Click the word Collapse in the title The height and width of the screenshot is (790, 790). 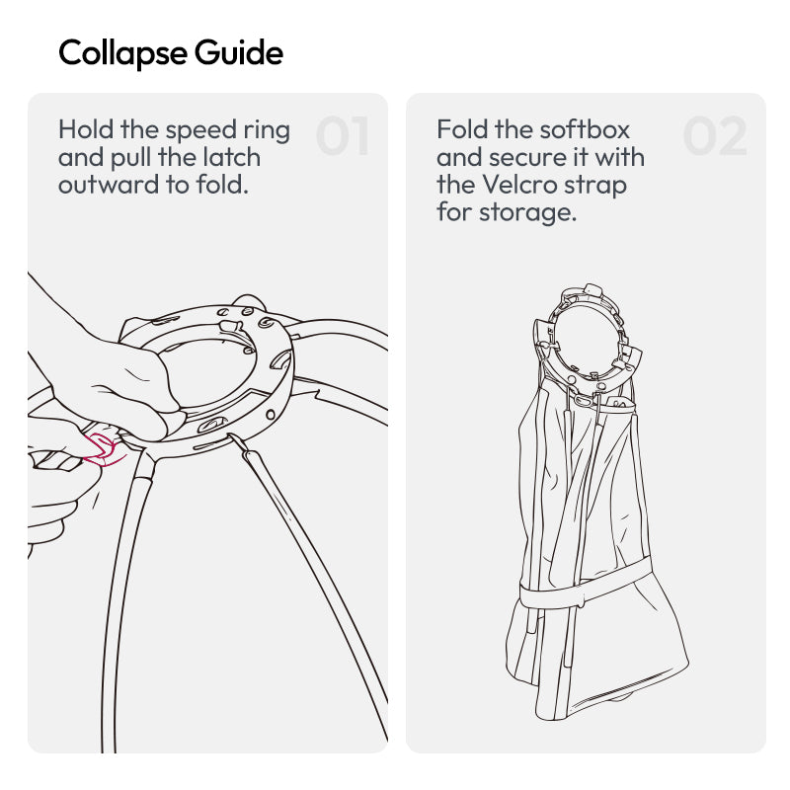(122, 53)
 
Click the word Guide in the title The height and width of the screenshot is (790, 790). (239, 52)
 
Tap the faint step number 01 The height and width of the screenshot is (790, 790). (343, 135)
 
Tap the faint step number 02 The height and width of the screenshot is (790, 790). (715, 135)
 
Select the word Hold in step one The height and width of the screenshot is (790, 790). (86, 129)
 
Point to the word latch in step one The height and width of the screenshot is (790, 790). (231, 157)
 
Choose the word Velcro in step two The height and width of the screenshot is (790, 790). (519, 185)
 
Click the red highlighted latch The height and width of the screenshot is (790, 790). (103, 450)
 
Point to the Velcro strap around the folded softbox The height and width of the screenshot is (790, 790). (585, 585)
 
